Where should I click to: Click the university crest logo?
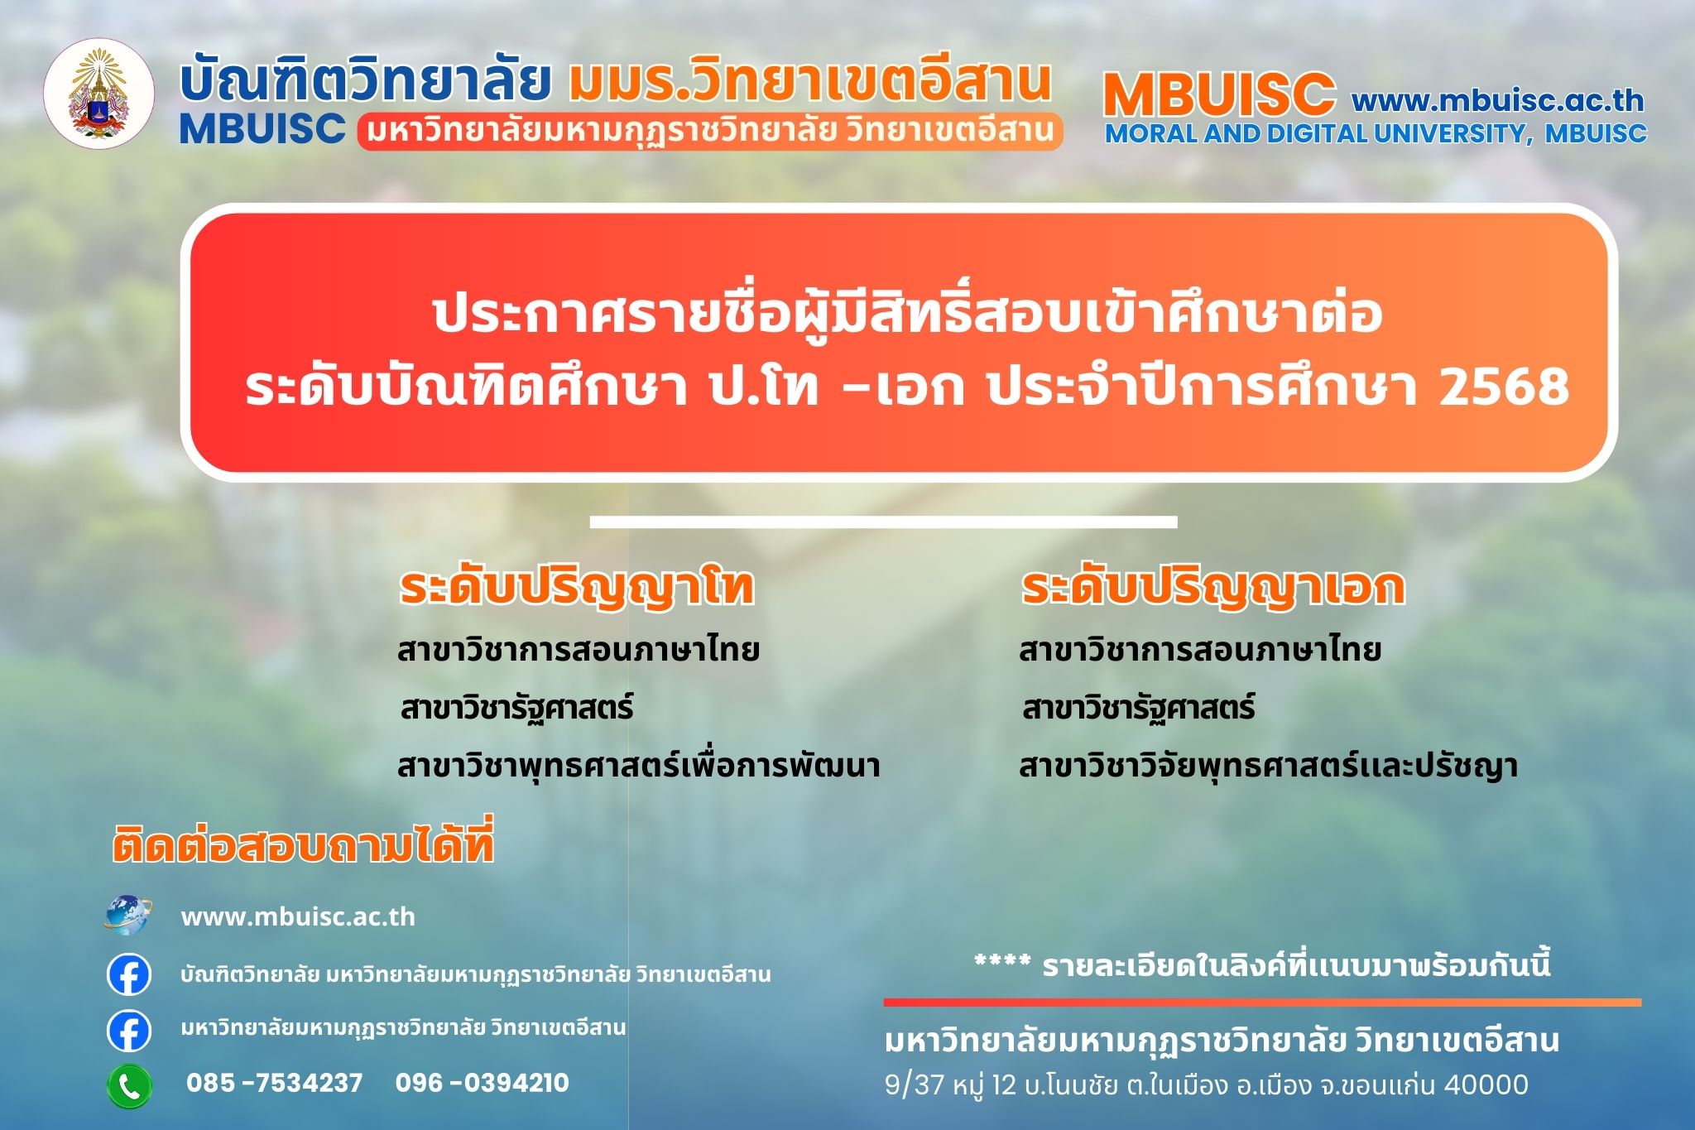point(99,94)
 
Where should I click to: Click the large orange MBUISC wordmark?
point(1219,94)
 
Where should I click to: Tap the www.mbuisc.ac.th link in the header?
point(1498,100)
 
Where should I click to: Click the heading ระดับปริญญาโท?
point(577,587)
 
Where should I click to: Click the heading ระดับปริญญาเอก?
point(1213,587)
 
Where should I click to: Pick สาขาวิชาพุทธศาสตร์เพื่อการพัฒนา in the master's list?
point(638,766)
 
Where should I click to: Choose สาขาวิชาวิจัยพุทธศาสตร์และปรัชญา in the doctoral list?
point(1268,766)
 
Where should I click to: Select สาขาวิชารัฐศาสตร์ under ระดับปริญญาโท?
point(516,709)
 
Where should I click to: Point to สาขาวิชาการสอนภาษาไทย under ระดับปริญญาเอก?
point(1199,650)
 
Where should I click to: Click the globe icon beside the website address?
point(128,916)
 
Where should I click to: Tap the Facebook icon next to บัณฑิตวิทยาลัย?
point(129,974)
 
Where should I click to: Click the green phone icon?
point(129,1085)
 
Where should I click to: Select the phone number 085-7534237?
point(275,1083)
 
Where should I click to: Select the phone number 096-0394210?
point(483,1083)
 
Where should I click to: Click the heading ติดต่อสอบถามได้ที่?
point(303,844)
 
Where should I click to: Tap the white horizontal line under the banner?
point(883,522)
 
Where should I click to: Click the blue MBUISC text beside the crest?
point(262,128)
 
